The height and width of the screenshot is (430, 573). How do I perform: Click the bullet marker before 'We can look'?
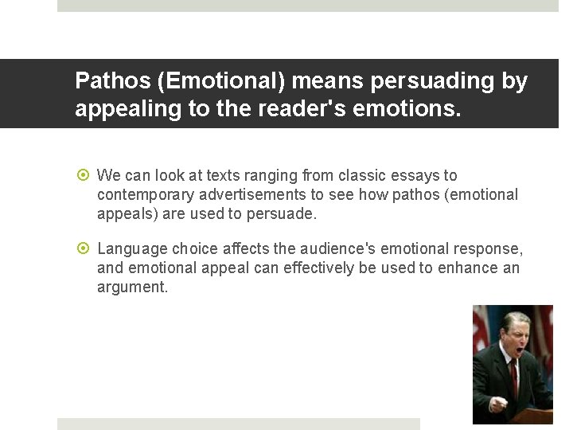click(83, 175)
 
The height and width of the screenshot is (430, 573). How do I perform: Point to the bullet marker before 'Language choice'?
click(83, 248)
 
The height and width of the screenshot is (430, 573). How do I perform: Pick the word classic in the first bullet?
click(361, 175)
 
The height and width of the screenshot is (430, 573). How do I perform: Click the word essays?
click(414, 175)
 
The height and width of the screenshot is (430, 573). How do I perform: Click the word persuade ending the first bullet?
click(284, 213)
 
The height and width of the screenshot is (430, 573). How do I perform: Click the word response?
click(493, 248)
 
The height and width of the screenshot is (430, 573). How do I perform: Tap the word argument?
click(132, 287)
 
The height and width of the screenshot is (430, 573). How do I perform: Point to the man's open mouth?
click(519, 349)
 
